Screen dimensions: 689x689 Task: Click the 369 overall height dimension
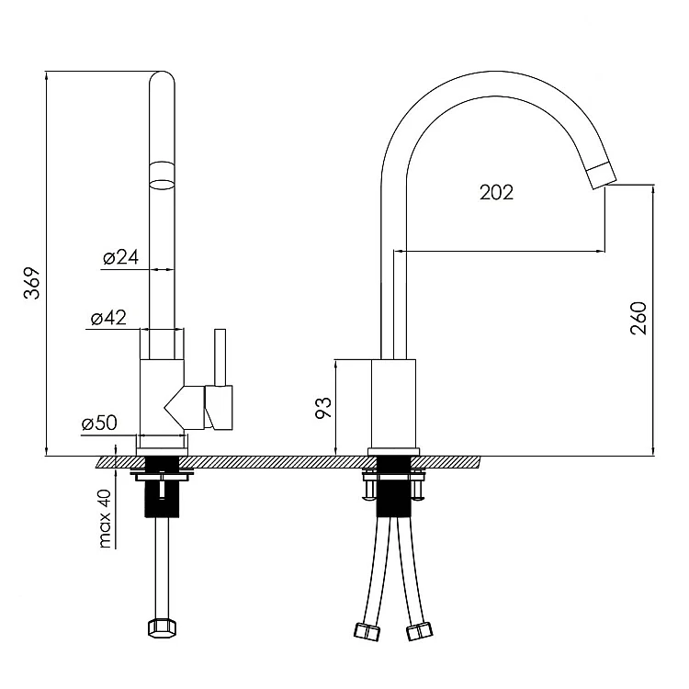tap(31, 284)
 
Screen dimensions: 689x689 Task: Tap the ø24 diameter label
tap(121, 257)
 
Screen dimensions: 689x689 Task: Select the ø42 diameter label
tap(108, 317)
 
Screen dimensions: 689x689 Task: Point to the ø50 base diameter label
tap(99, 423)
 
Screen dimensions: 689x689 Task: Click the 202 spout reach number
tap(496, 193)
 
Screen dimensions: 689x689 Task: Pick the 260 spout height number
tap(638, 319)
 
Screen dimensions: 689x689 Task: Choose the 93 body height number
tap(323, 408)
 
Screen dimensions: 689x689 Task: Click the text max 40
tap(106, 518)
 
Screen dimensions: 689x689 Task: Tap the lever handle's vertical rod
tap(220, 356)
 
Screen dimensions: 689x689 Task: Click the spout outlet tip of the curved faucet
tap(603, 176)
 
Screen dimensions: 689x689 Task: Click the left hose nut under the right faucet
tap(367, 631)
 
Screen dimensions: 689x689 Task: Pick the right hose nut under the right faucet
tap(419, 631)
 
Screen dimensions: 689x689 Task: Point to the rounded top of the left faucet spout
tap(162, 78)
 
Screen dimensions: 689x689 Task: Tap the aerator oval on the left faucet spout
tap(162, 184)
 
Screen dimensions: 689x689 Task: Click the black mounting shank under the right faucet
tap(394, 486)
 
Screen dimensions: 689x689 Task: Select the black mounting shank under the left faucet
tap(162, 486)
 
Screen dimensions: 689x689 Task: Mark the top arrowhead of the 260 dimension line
tap(653, 190)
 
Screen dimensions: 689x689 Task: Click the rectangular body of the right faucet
tap(394, 403)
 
